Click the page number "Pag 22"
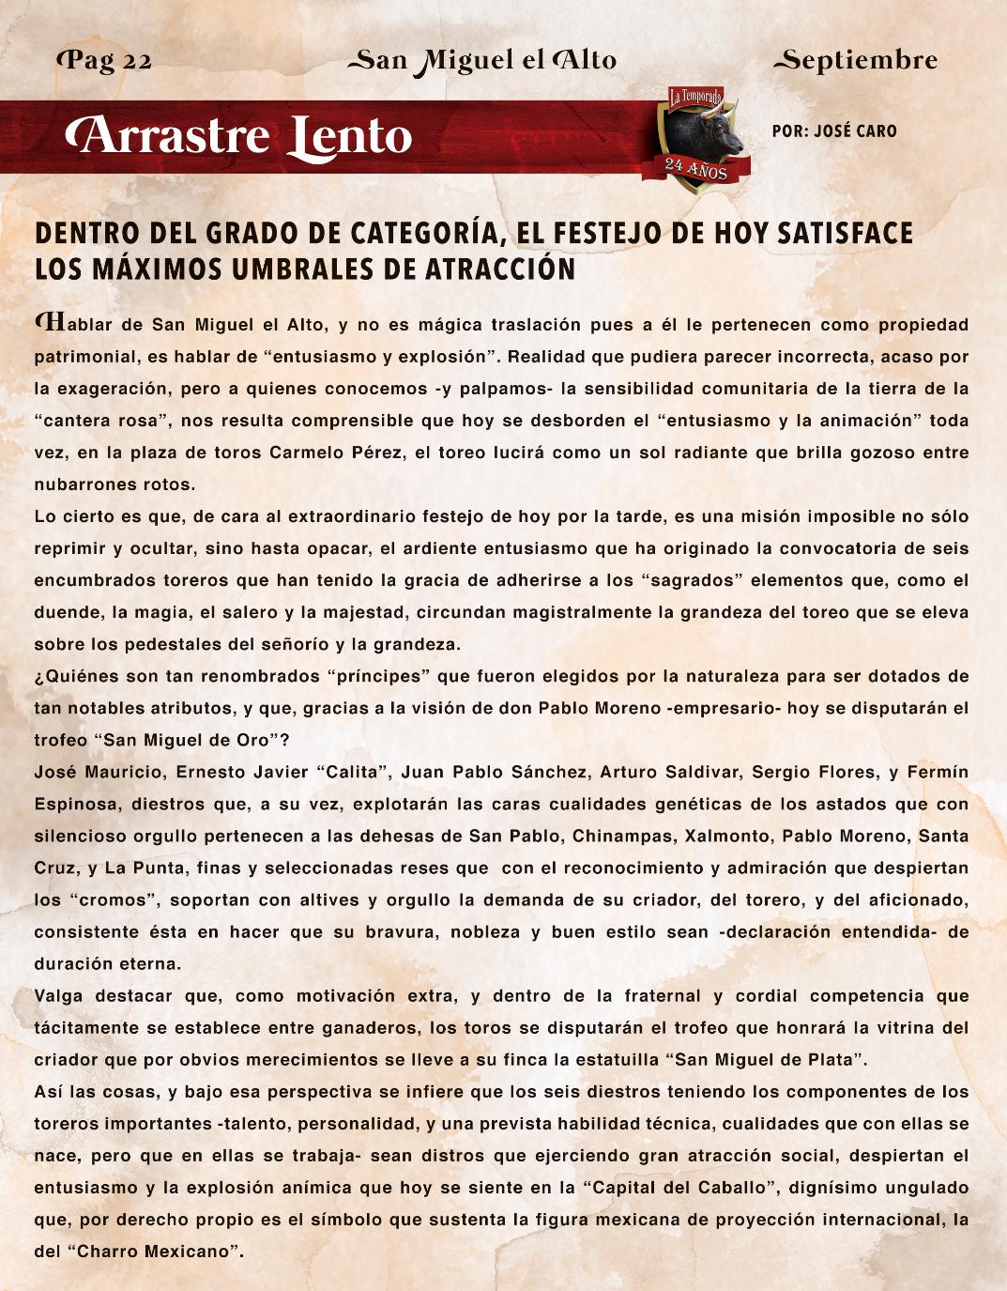[105, 61]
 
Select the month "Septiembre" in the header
[855, 61]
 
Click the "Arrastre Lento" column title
[239, 137]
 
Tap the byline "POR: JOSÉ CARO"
[834, 131]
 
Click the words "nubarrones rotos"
[114, 484]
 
